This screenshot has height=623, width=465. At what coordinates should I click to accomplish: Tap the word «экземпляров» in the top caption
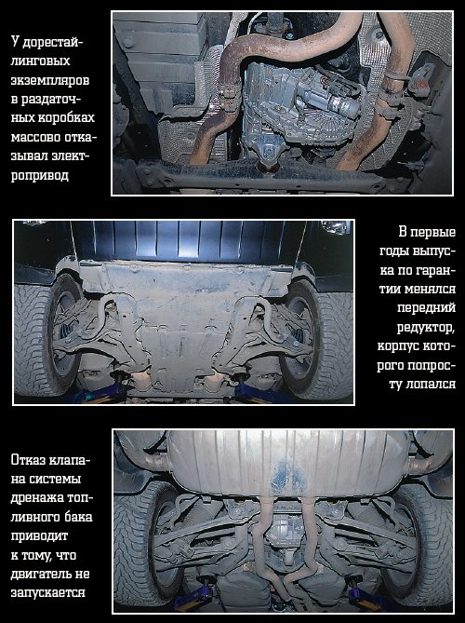[50, 80]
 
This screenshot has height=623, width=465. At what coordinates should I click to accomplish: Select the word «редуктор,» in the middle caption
[426, 328]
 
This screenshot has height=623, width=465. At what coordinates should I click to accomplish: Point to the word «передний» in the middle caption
[426, 307]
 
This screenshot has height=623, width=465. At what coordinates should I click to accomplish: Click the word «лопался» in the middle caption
[431, 385]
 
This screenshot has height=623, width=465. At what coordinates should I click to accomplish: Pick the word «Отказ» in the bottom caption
[28, 460]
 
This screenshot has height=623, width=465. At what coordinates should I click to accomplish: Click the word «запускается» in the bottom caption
[48, 592]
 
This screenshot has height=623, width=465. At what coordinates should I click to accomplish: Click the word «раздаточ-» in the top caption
[51, 99]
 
